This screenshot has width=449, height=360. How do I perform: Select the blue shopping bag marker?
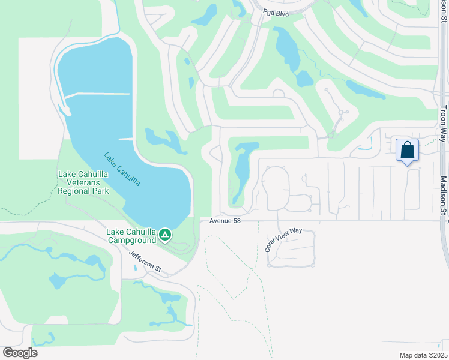407,150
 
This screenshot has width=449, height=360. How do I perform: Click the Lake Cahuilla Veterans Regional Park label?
83,182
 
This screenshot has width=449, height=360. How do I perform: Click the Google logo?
20,353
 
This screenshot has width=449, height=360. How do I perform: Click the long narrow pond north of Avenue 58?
243,171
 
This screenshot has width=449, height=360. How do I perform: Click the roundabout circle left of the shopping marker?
330,136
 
